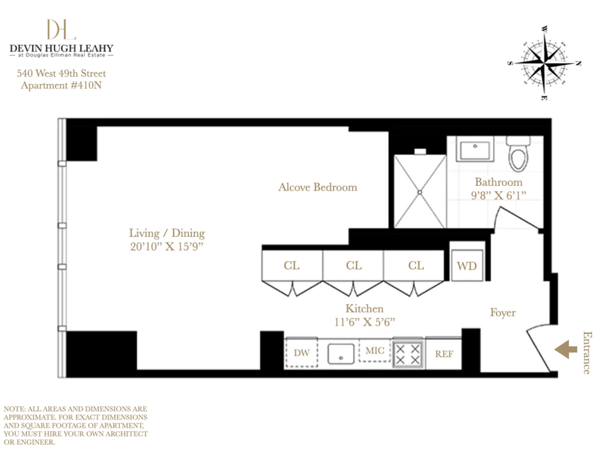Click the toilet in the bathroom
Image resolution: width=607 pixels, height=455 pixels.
[518, 156]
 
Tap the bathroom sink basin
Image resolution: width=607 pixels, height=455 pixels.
[475, 150]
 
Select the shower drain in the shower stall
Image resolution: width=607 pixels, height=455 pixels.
[420, 192]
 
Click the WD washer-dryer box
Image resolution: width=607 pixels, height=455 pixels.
[467, 265]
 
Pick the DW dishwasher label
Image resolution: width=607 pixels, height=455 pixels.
[302, 353]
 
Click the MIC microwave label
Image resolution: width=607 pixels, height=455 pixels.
[375, 350]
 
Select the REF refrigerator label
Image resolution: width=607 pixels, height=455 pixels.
[444, 354]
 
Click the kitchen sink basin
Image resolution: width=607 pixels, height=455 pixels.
[340, 354]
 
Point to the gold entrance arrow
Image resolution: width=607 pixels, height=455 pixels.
[566, 349]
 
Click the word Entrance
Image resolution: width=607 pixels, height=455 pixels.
[587, 353]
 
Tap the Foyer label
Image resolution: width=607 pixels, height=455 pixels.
[503, 312]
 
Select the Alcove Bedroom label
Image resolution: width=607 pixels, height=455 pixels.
[317, 187]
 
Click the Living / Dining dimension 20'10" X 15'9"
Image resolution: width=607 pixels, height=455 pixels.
[167, 246]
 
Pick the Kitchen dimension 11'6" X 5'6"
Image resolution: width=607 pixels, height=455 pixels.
[365, 322]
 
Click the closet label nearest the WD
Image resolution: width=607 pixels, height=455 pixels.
[416, 265]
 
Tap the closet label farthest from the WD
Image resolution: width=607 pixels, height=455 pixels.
[291, 265]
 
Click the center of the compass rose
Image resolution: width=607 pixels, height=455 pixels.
[544, 63]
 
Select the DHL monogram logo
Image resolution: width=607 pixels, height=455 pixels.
[61, 29]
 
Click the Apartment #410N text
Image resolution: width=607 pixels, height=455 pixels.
[61, 85]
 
